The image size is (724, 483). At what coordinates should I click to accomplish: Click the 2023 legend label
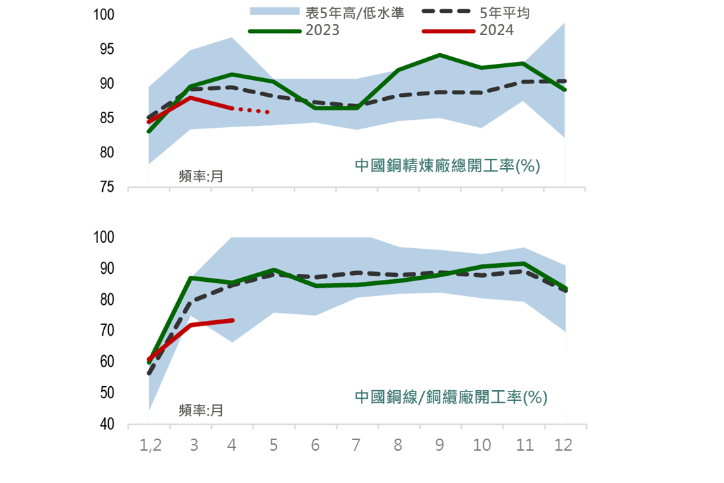(323, 30)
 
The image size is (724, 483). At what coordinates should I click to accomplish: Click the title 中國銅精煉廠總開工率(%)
(447, 165)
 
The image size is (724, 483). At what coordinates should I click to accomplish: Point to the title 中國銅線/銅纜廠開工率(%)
(451, 397)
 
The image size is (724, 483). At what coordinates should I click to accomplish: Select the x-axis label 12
(564, 445)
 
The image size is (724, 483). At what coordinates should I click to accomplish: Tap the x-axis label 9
(440, 445)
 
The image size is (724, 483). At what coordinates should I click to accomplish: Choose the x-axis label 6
(315, 445)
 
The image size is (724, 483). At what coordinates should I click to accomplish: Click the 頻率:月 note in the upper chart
(200, 176)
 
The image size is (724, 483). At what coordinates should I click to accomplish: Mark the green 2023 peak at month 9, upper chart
(440, 55)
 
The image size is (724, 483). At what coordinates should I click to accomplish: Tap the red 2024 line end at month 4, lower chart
(233, 320)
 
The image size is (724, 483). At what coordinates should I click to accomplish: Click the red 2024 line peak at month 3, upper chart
(191, 98)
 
